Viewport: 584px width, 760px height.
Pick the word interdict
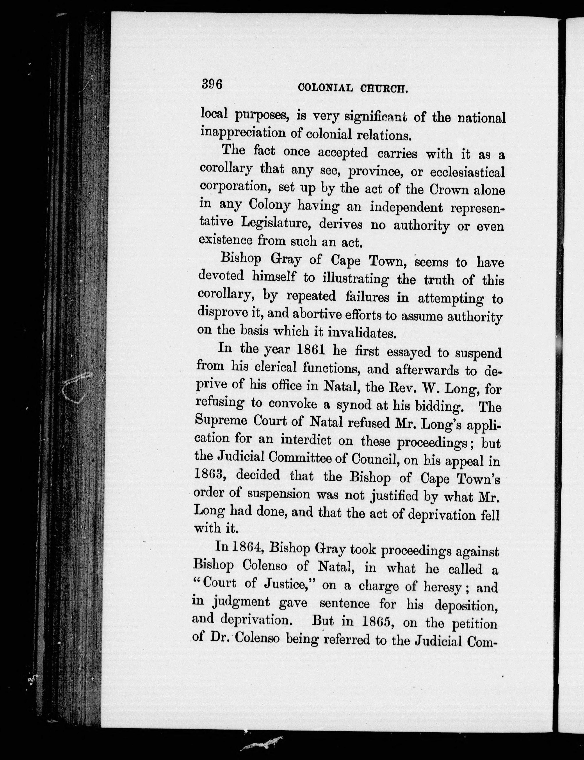click(x=306, y=440)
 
